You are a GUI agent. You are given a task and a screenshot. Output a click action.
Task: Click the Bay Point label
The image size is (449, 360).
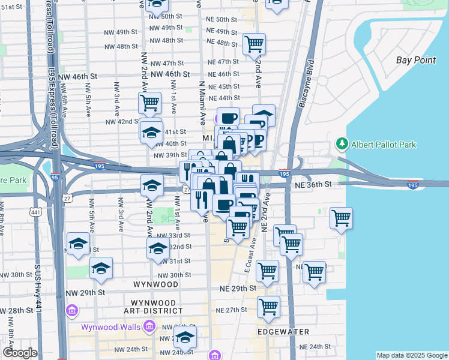[x=416, y=60]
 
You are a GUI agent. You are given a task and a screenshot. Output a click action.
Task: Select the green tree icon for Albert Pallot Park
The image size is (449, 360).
[x=342, y=144]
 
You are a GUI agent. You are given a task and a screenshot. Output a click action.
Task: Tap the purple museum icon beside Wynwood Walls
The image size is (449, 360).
[x=150, y=327]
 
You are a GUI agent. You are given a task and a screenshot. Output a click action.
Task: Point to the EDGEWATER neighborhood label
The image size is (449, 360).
[x=283, y=332]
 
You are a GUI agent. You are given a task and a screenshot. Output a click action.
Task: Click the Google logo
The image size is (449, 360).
[x=20, y=353]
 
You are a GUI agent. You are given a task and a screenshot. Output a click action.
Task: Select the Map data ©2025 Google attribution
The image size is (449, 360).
[x=411, y=355]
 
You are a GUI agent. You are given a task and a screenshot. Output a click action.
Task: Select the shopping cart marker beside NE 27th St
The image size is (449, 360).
[x=269, y=307]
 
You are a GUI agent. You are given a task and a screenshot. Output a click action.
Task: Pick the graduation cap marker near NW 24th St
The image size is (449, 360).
[x=185, y=337]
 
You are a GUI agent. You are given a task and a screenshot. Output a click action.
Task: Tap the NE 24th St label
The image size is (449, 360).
[x=318, y=347]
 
